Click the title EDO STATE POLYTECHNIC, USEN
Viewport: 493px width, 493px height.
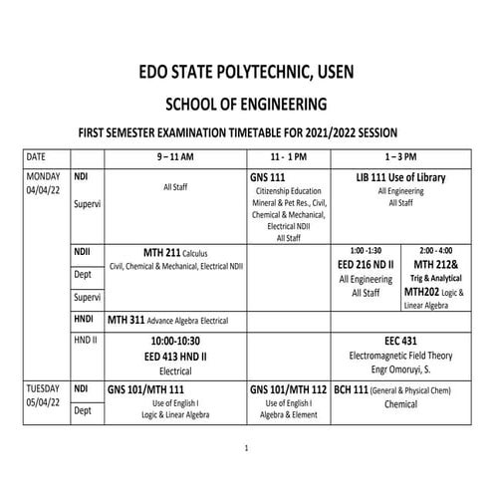tap(246, 72)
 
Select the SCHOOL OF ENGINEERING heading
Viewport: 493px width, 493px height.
tap(246, 103)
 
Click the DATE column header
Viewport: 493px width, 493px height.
tap(36, 156)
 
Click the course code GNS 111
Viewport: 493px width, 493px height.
tap(269, 176)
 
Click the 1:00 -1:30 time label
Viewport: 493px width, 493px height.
tap(365, 248)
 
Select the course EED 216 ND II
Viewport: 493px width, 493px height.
tap(365, 264)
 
